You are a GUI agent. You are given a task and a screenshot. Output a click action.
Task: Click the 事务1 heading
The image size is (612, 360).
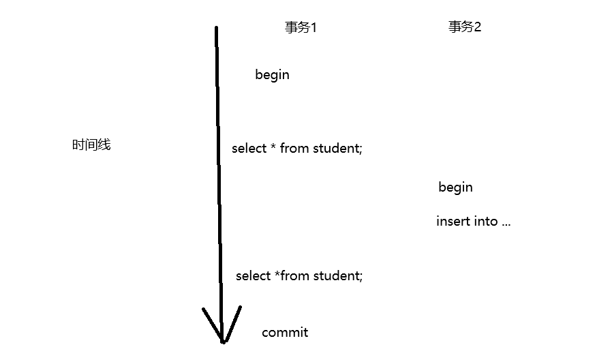[x=301, y=28]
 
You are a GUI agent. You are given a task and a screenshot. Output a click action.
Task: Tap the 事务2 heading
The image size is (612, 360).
[x=465, y=27]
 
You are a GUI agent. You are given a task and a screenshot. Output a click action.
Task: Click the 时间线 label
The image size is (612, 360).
[x=91, y=145]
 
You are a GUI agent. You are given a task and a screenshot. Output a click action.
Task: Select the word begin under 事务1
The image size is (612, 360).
[x=272, y=75]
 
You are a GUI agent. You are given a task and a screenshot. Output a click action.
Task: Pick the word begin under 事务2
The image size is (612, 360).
[x=455, y=187]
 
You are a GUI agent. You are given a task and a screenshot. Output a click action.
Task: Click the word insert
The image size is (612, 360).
[x=453, y=222]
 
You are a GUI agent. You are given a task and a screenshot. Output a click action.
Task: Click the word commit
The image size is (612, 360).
[x=285, y=333]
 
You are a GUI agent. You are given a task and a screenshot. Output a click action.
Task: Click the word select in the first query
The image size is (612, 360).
[x=249, y=149]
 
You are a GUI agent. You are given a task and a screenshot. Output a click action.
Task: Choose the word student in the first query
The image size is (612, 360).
[x=337, y=149]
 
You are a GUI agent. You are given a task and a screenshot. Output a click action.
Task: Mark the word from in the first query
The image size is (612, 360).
[x=294, y=149]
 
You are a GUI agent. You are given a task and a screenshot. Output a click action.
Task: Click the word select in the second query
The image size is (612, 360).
[x=253, y=276]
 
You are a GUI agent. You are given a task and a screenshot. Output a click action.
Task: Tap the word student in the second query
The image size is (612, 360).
[x=338, y=276]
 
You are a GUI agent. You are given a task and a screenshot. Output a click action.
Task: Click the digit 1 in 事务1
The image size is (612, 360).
[x=313, y=28]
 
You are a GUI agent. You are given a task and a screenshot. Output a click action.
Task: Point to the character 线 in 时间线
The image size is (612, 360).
[x=104, y=145]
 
